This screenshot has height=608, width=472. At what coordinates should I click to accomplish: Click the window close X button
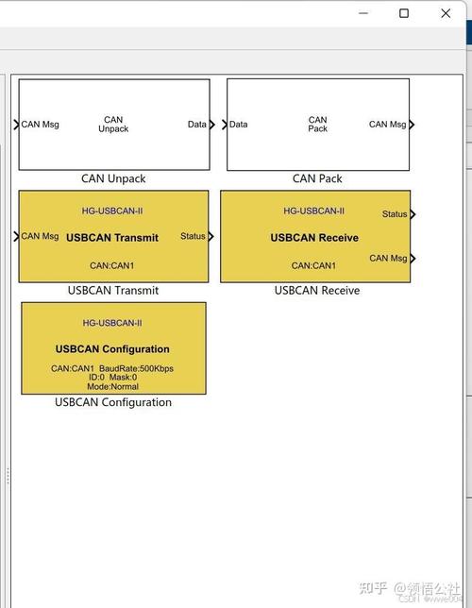446,13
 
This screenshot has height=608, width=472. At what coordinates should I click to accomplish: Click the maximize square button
404,13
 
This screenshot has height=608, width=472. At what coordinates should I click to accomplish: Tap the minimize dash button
363,13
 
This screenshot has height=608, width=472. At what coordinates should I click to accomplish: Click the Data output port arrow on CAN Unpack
211,125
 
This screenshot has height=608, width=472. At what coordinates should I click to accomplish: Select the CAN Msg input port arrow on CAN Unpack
16,125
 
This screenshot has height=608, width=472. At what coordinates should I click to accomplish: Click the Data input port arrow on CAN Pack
225,125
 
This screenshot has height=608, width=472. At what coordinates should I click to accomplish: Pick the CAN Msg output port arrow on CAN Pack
412,125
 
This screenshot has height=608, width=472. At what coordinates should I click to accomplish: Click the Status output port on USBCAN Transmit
211,236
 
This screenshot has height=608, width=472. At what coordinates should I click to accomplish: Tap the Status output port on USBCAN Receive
413,214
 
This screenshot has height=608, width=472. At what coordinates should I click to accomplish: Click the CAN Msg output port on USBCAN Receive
413,259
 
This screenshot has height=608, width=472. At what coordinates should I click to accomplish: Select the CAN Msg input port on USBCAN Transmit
16,236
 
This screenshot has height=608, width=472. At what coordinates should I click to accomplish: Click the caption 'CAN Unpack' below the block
113,178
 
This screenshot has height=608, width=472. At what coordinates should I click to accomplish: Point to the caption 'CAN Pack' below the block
317,178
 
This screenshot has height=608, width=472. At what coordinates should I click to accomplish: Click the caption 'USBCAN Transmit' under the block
113,291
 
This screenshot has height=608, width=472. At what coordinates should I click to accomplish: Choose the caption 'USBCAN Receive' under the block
317,291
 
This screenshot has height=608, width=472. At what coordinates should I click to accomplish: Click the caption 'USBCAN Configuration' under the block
113,402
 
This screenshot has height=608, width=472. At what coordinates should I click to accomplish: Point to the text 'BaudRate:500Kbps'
136,368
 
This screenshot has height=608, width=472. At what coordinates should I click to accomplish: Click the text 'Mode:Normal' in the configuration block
113,386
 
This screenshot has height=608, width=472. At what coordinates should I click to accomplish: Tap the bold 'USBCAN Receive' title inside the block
314,238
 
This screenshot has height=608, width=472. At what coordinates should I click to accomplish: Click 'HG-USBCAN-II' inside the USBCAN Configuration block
112,323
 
